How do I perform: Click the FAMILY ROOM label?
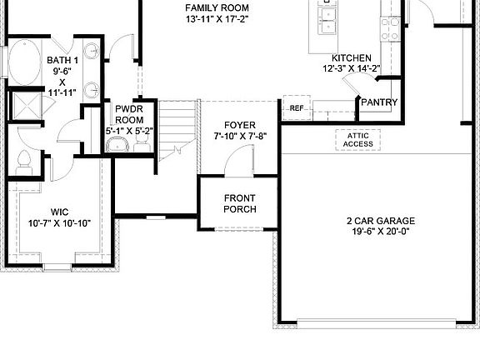tap(217, 7)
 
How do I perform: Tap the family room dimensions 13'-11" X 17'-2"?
tap(217, 18)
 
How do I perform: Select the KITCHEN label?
tap(351, 57)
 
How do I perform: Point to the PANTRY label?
tap(378, 102)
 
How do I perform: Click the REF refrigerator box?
tap(296, 108)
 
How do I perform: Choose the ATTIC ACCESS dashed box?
tap(358, 139)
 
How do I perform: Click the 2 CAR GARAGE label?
tap(381, 221)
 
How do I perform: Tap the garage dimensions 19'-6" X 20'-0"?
tap(381, 232)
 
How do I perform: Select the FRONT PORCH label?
tap(239, 203)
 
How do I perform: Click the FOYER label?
tap(239, 125)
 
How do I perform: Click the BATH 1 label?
tap(62, 60)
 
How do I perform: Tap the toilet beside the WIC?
tap(23, 162)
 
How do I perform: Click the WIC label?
tap(58, 212)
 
